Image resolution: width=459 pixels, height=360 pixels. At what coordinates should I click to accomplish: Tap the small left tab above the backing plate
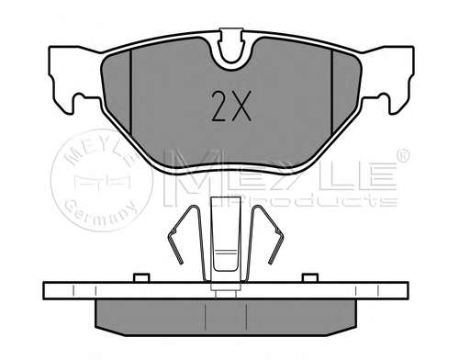[x=141, y=276]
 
